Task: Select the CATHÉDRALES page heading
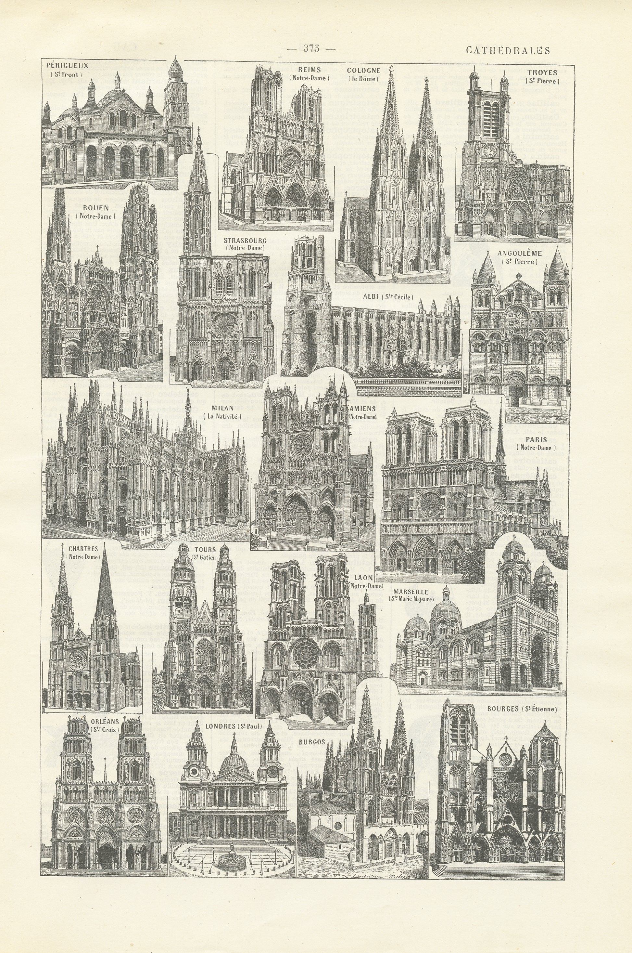[508, 50]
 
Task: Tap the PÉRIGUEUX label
[67, 65]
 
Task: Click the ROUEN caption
[95, 208]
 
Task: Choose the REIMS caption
[309, 70]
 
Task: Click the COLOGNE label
[363, 70]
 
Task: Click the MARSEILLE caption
[411, 592]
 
